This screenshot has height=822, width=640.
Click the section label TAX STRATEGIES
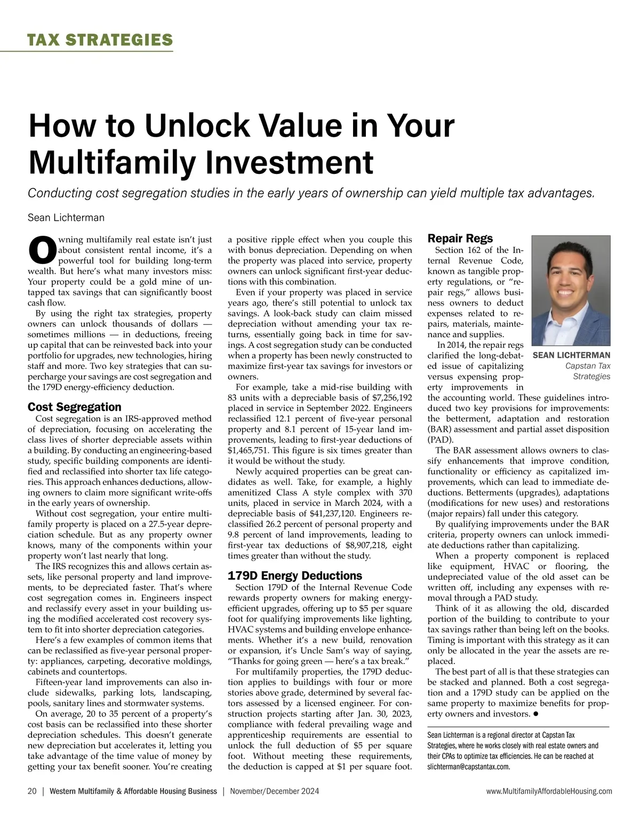pyautogui.click(x=100, y=39)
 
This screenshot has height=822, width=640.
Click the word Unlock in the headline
pyautogui.click(x=199, y=125)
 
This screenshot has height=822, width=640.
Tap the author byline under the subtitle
pyautogui.click(x=66, y=218)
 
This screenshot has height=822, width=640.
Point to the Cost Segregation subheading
pyautogui.click(x=74, y=407)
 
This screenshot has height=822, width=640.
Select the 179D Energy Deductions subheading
pyautogui.click(x=294, y=576)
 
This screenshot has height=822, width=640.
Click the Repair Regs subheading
pyautogui.click(x=460, y=238)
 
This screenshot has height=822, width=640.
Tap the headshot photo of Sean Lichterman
pyautogui.click(x=571, y=291)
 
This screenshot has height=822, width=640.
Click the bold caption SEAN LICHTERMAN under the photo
pyautogui.click(x=571, y=355)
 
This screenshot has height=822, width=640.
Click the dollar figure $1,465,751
pyautogui.click(x=247, y=450)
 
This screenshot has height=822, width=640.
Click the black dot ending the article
pyautogui.click(x=535, y=714)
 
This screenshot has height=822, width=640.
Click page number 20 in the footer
pyautogui.click(x=32, y=792)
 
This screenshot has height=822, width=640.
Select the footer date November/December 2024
pyautogui.click(x=274, y=792)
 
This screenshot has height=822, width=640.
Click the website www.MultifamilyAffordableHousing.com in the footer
pyautogui.click(x=549, y=792)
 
